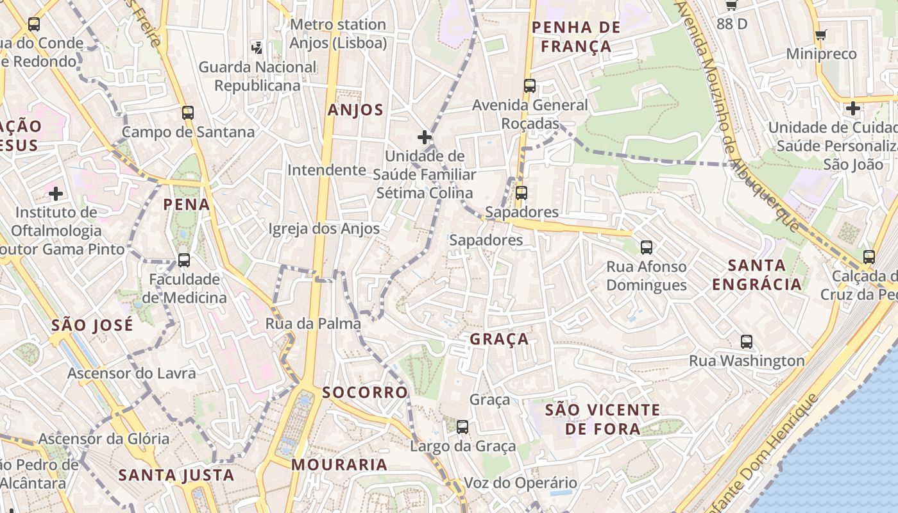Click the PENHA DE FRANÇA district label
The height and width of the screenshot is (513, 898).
(576, 37)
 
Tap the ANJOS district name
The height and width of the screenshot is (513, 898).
(355, 110)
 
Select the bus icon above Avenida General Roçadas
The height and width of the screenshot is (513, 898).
(529, 86)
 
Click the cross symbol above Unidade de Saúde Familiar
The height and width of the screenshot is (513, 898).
(424, 137)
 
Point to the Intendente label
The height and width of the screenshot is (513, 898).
(326, 170)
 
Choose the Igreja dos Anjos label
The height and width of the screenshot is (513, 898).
(324, 229)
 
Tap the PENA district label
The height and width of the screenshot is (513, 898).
(186, 205)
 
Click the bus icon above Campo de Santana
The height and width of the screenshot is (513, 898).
(187, 113)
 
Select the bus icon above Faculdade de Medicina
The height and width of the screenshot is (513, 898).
(184, 260)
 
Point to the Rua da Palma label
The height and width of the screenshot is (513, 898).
(313, 324)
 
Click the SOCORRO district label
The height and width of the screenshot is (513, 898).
(365, 392)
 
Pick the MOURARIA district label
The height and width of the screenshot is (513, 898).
(339, 464)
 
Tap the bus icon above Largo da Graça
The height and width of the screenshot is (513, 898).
(462, 427)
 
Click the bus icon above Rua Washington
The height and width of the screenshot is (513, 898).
(746, 342)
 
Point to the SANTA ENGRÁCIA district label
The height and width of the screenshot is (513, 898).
(757, 274)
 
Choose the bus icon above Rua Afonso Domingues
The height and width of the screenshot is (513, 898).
(646, 247)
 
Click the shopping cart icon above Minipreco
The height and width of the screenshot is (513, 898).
(820, 35)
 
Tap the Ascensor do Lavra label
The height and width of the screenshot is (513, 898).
(131, 373)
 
